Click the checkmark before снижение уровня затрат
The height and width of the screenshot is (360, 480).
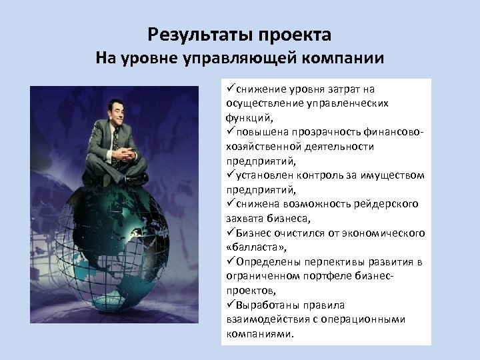pyautogui.click(x=230, y=88)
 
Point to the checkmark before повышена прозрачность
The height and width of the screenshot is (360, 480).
pyautogui.click(x=230, y=131)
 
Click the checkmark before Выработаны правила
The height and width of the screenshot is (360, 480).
pyautogui.click(x=230, y=305)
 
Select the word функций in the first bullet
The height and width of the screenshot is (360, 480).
pyautogui.click(x=247, y=117)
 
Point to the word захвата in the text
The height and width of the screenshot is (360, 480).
pyautogui.click(x=244, y=218)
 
